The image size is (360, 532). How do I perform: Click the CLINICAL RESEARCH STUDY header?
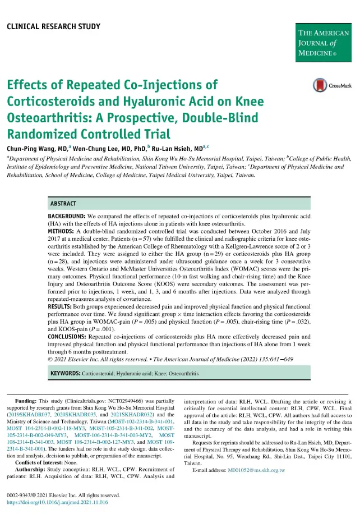pos(53,26)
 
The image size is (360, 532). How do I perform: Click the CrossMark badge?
pos(329,86)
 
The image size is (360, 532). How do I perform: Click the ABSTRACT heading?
pos(63,203)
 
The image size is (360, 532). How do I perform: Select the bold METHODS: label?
pos(62,232)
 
